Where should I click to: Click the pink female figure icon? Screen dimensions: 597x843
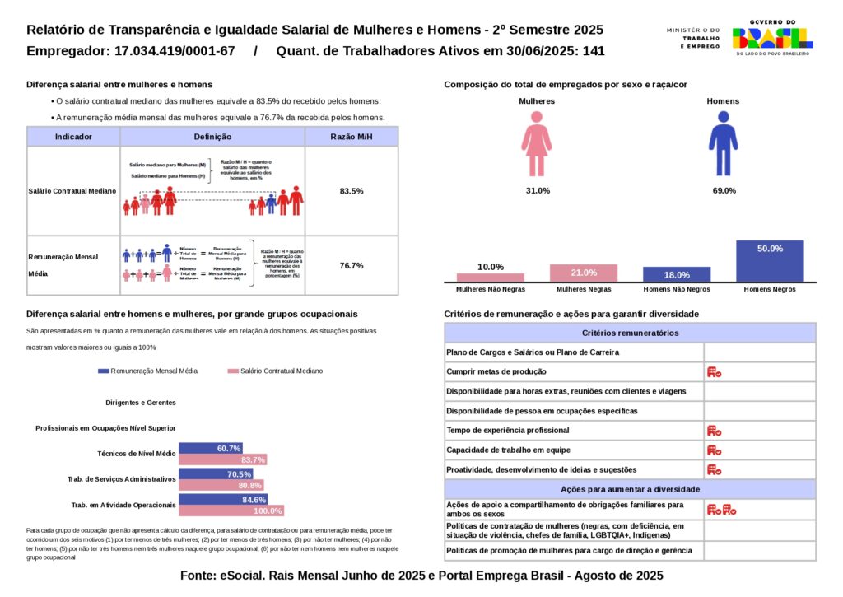(x=536, y=144)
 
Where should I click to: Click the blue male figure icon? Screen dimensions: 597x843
(x=723, y=144)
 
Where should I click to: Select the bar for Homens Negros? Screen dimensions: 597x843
(x=769, y=262)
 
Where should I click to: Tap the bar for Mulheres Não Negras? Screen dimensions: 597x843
(x=490, y=278)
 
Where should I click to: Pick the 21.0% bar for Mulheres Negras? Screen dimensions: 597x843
(x=583, y=273)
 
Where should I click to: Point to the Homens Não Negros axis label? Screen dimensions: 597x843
(x=676, y=290)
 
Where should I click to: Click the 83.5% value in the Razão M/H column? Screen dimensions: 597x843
(x=352, y=191)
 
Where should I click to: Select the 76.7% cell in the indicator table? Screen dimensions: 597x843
(x=352, y=265)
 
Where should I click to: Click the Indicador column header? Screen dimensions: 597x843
(x=73, y=137)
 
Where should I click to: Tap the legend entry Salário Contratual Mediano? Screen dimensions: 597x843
(x=275, y=371)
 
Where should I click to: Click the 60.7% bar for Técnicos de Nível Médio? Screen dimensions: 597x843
(x=210, y=448)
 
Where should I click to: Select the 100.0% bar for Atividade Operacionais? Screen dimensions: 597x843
(x=231, y=511)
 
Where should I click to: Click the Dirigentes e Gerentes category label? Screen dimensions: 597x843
(x=141, y=403)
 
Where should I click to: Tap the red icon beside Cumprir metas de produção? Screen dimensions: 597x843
(x=714, y=372)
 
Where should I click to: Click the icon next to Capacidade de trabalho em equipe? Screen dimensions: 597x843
(x=714, y=450)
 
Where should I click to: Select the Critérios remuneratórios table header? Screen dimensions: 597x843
(x=630, y=333)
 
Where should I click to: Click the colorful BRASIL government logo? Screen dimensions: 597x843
(x=771, y=38)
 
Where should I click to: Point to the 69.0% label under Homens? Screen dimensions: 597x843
(x=724, y=191)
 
